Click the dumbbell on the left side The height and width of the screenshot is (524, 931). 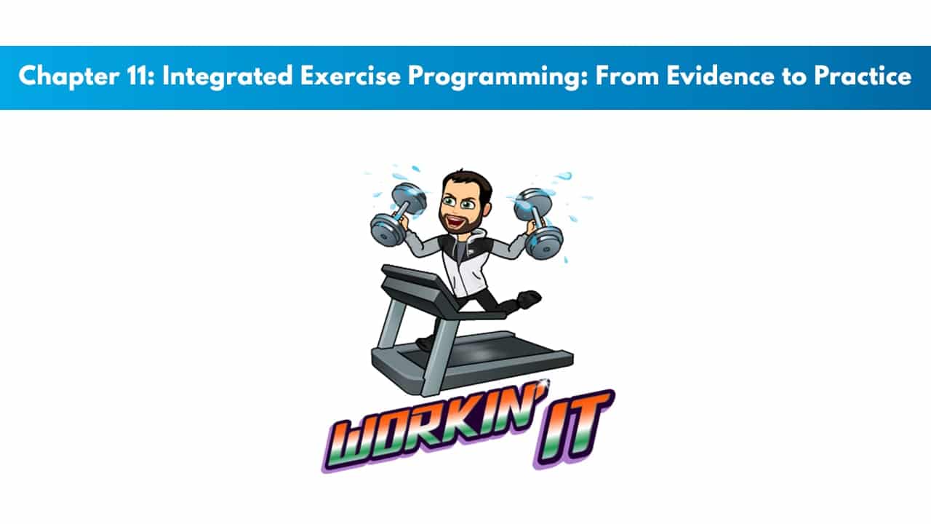click(397, 215)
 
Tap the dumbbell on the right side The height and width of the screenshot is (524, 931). click(538, 223)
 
